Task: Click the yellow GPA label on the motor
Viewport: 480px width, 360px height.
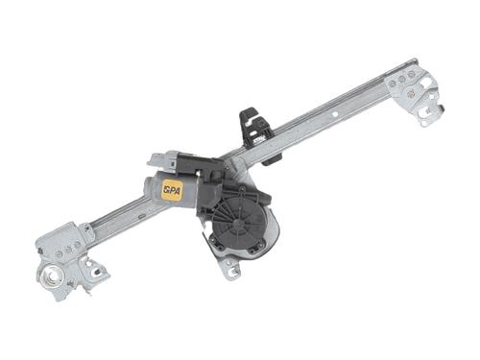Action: pos(173,190)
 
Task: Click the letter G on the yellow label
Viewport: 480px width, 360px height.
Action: pos(166,190)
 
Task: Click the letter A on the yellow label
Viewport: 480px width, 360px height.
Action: pos(179,190)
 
